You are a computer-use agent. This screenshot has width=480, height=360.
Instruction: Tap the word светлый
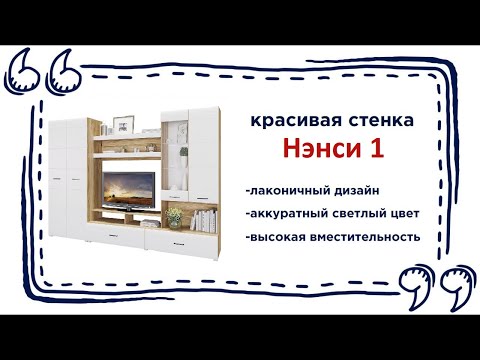click(x=356, y=213)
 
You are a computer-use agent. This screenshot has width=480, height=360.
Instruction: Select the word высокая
click(x=276, y=237)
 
